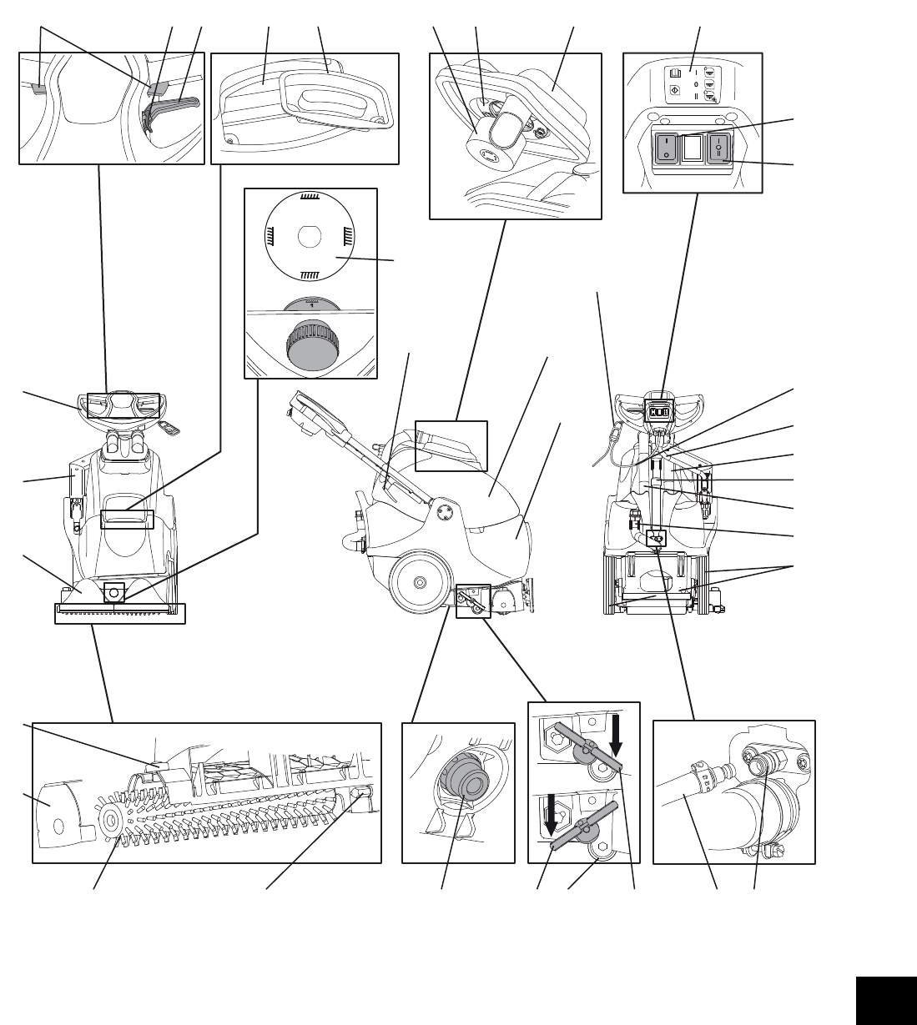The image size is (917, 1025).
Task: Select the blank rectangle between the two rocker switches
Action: click(x=692, y=148)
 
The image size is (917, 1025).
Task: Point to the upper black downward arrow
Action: click(x=616, y=735)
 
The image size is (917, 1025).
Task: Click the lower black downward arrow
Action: click(x=550, y=813)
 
